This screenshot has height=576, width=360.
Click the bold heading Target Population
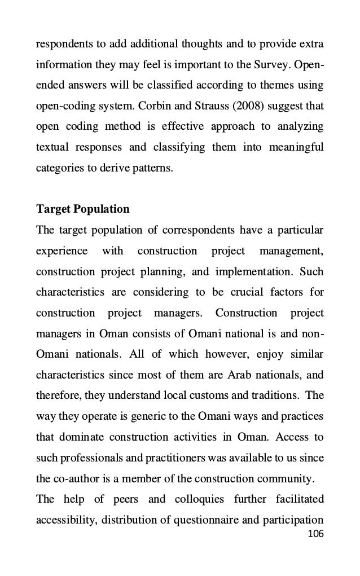(82, 209)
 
